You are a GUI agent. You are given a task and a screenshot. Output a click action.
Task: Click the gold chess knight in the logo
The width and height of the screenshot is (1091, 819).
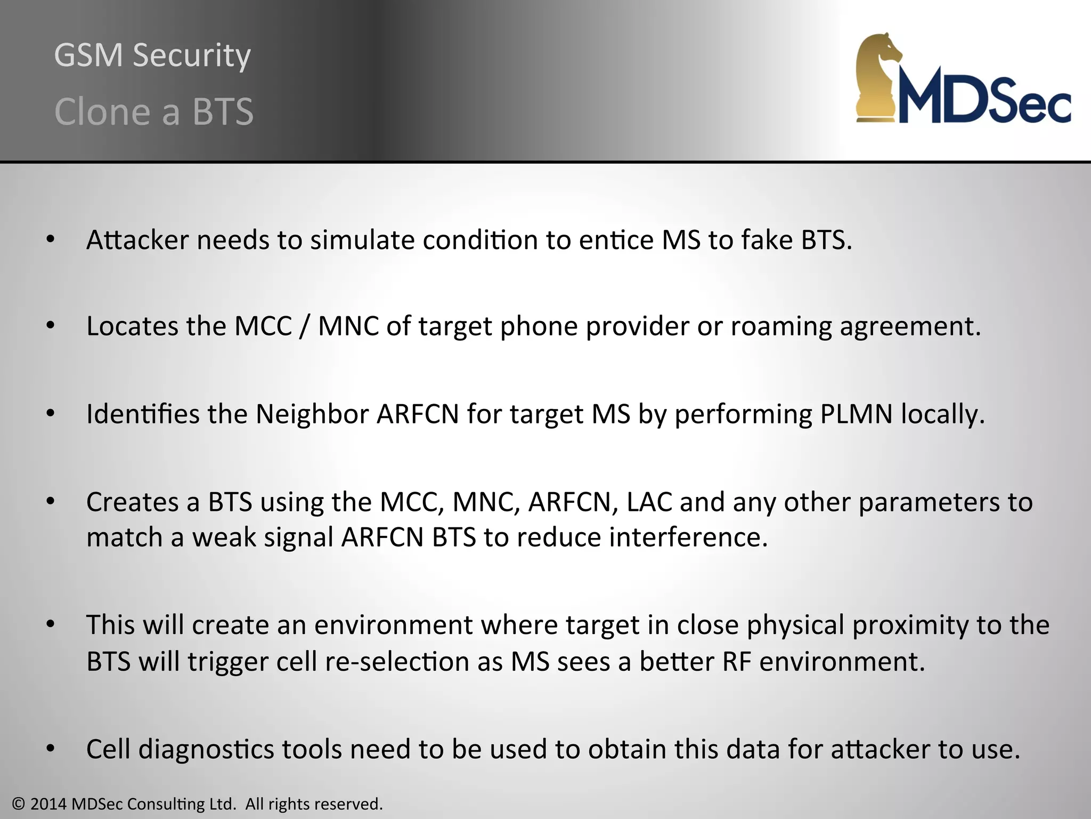coord(879,77)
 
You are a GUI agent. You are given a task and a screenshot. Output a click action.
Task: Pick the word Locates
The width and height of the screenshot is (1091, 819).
coord(132,326)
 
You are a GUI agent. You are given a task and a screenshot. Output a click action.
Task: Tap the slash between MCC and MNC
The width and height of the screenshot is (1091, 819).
coord(305,326)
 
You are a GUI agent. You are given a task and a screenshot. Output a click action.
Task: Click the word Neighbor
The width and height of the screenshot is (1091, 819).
coord(312,414)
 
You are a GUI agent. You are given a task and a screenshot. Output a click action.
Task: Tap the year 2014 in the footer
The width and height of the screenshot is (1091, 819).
coord(48,804)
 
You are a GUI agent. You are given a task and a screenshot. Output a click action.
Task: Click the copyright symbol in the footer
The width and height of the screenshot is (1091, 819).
coord(19,804)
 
